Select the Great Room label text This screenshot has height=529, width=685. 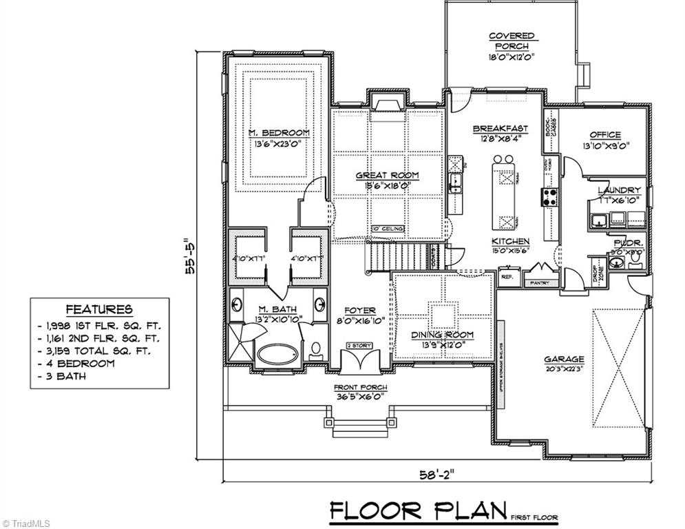[x=387, y=176]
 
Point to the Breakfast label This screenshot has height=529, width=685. [x=500, y=129]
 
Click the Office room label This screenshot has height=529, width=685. [x=605, y=135]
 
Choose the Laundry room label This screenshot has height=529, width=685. [x=619, y=190]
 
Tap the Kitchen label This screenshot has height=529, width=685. [x=510, y=241]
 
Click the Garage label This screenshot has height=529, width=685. [x=564, y=359]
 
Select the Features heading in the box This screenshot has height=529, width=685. [x=99, y=310]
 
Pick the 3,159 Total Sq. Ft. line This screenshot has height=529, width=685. [x=99, y=351]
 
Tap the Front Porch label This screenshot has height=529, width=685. [x=361, y=387]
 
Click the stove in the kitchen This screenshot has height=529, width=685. [x=551, y=197]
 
